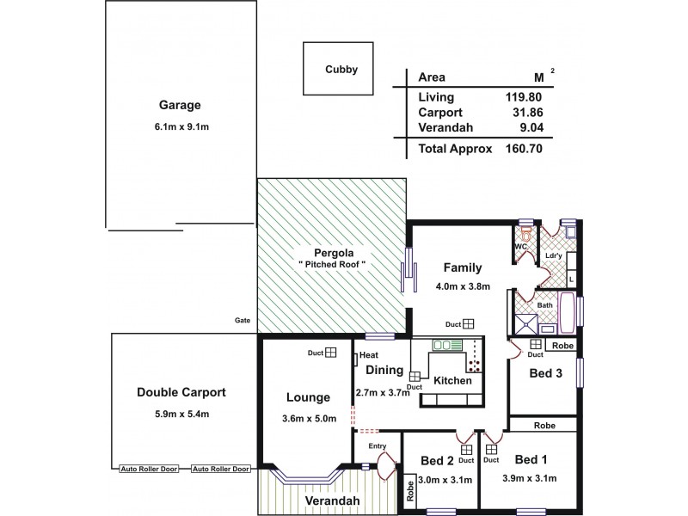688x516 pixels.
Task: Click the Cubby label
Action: click(341, 70)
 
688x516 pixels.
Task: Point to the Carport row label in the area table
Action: click(439, 113)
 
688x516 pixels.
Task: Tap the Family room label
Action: click(462, 267)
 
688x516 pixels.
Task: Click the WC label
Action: click(519, 247)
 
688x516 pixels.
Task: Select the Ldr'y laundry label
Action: click(554, 255)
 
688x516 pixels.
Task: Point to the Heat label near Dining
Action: click(369, 355)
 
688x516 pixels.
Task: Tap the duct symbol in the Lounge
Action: click(330, 353)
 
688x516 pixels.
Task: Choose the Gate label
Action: click(242, 320)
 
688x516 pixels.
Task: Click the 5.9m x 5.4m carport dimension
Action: click(181, 414)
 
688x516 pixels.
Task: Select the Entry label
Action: click(378, 445)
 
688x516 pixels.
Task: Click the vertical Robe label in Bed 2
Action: click(410, 491)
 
